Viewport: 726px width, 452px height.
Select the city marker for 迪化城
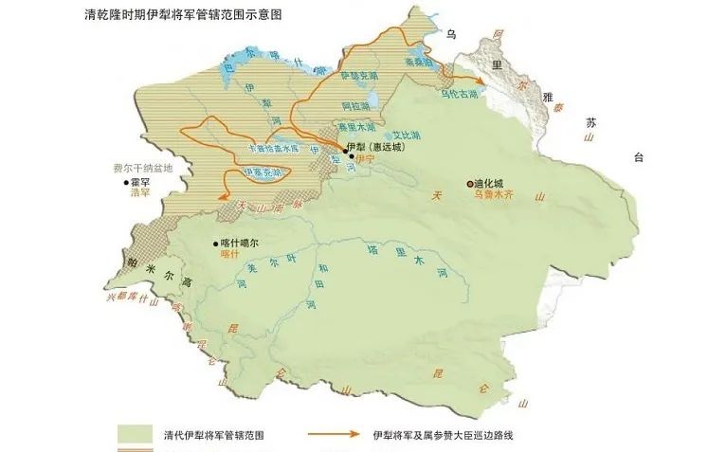pyautogui.click(x=468, y=183)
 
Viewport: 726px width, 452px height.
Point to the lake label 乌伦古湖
pyautogui.click(x=461, y=94)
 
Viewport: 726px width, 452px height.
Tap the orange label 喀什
pyautogui.click(x=226, y=254)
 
